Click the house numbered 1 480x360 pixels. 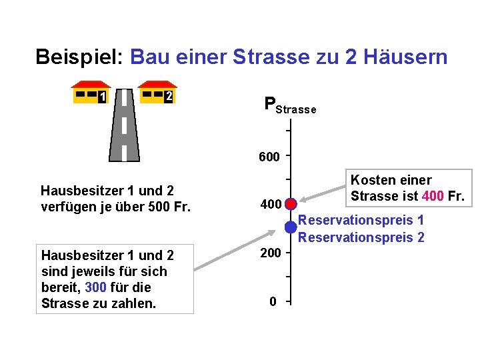pyautogui.click(x=91, y=93)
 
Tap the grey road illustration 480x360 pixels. pyautogui.click(x=124, y=134)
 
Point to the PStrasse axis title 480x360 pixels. pyautogui.click(x=289, y=105)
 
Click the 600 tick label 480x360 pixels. pyautogui.click(x=269, y=157)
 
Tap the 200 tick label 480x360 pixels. pyautogui.click(x=269, y=253)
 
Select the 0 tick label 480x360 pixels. pyautogui.click(x=273, y=302)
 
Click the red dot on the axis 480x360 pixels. pyautogui.click(x=291, y=203)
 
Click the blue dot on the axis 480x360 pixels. pyautogui.click(x=291, y=227)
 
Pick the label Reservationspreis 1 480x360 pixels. pyautogui.click(x=361, y=221)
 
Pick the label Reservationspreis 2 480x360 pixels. pyautogui.click(x=361, y=237)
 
